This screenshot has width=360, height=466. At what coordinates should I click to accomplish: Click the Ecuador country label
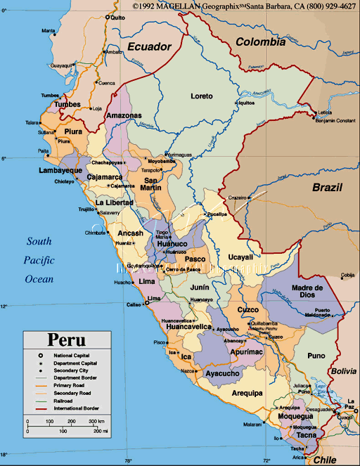coord(149,47)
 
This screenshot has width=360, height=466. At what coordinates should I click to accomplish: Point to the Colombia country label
coord(260,41)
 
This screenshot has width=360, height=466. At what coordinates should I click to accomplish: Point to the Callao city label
coord(134,304)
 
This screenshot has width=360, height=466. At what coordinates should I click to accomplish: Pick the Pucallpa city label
coord(215,214)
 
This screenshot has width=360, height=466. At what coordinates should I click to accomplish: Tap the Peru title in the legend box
coord(67,339)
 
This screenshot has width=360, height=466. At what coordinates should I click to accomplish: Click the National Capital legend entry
coord(62,356)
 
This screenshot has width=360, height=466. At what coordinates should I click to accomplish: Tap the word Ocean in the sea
coord(39,279)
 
